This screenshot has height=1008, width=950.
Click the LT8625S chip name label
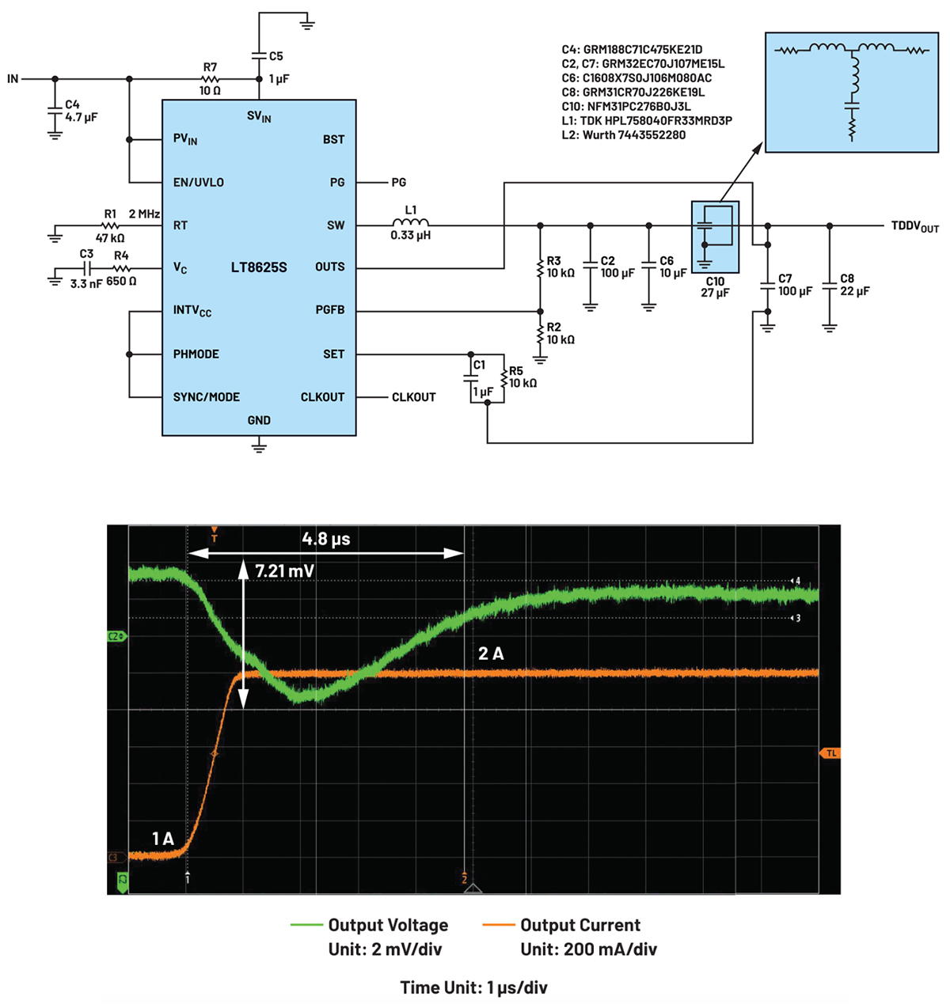pos(259,267)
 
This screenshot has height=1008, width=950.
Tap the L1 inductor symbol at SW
pos(410,223)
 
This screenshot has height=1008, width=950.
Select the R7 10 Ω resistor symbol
pos(210,79)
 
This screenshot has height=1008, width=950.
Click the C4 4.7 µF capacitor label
pos(81,111)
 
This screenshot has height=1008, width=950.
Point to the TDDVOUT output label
pos(914,226)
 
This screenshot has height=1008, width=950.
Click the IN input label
pos(13,79)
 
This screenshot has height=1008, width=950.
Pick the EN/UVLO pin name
pos(198,183)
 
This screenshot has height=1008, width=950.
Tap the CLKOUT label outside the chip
pos(413,397)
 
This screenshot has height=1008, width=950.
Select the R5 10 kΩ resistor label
pos(522,377)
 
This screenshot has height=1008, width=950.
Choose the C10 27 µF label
pos(715,287)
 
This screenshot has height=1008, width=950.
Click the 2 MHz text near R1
pos(144,214)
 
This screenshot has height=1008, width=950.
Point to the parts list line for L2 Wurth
pos(623,135)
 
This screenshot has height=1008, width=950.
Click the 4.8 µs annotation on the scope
pos(325,539)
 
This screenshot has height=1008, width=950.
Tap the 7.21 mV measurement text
pos(284,570)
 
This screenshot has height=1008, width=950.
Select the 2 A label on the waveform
pos(491,654)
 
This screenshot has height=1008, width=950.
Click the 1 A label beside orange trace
pos(162,839)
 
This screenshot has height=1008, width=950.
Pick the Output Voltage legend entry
pos(388,925)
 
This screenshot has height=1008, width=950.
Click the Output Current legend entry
pos(580,925)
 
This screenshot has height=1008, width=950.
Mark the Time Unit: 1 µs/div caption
pos(473,987)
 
